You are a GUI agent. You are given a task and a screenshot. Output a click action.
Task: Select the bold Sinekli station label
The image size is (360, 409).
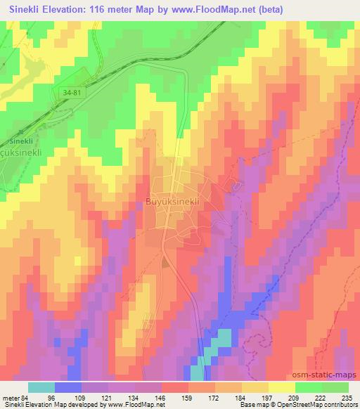(19, 141)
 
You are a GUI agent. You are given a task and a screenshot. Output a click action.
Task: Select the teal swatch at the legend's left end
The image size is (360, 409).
(41, 387)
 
